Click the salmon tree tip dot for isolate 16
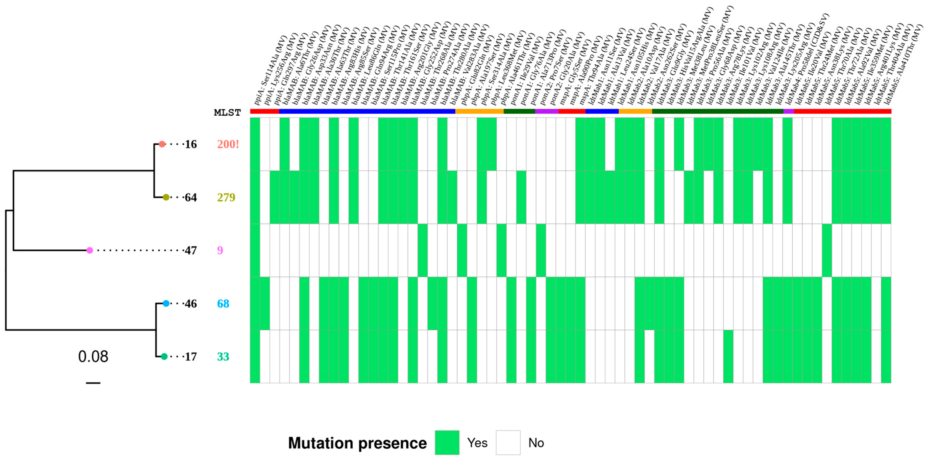pos(162,144)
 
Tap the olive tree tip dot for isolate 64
pos(166,197)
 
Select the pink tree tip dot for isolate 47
pos(90,250)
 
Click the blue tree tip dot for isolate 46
pos(166,304)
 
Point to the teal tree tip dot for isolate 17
pos(164,357)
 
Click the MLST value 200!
pos(228,144)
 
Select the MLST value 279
pos(226,197)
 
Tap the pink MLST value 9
pos(220,250)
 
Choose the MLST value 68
pos(223,304)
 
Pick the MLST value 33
pos(223,357)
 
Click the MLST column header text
pos(227,113)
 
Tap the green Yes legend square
pos(447,443)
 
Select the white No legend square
pos(508,443)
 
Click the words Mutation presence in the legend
pos(357,443)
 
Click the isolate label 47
pos(191,250)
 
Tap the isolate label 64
pos(191,197)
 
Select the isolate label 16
pos(191,144)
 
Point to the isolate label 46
pos(191,304)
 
